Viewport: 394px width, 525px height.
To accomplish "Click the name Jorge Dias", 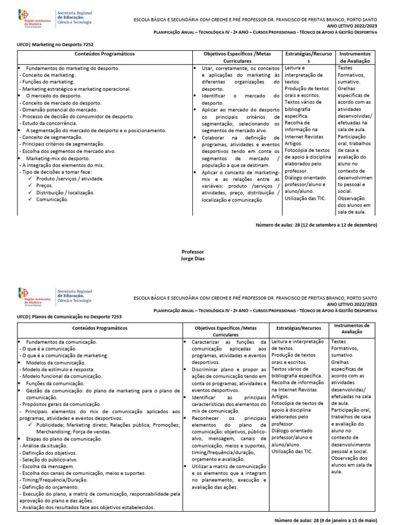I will (x=192, y=259).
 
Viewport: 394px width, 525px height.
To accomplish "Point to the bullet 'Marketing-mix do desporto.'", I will (x=57, y=158).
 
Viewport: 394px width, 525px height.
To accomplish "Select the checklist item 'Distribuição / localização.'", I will (x=65, y=192).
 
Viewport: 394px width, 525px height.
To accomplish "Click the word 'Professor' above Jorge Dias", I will (x=192, y=252).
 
